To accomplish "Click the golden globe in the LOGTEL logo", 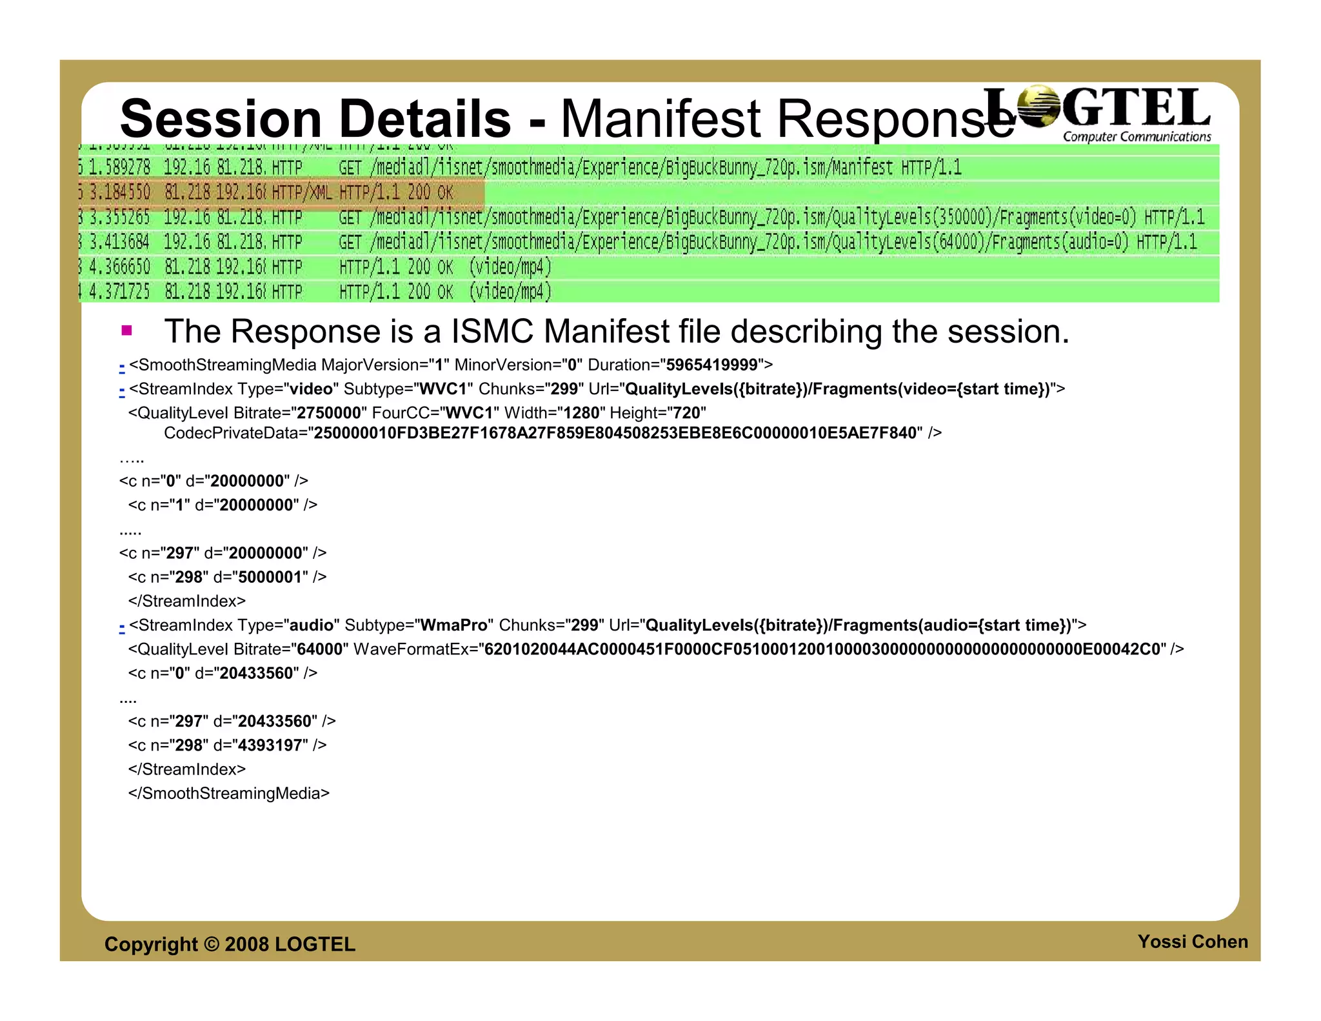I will coord(1038,106).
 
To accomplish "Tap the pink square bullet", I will coord(126,331).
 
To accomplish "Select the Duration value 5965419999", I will coord(711,365).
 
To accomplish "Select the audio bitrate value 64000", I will coord(319,649).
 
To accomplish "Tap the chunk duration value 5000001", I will coord(270,577).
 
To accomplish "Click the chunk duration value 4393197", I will coord(270,745).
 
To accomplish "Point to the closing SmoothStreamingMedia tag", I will coord(228,793).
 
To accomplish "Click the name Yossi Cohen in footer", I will coord(1192,942).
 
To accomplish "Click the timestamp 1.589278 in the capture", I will coord(119,168).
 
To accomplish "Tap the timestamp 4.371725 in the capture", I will coord(119,292).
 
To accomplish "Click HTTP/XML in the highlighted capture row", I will coord(301,193).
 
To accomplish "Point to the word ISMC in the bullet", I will coord(492,332).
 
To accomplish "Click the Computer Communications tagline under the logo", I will coord(1137,137).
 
